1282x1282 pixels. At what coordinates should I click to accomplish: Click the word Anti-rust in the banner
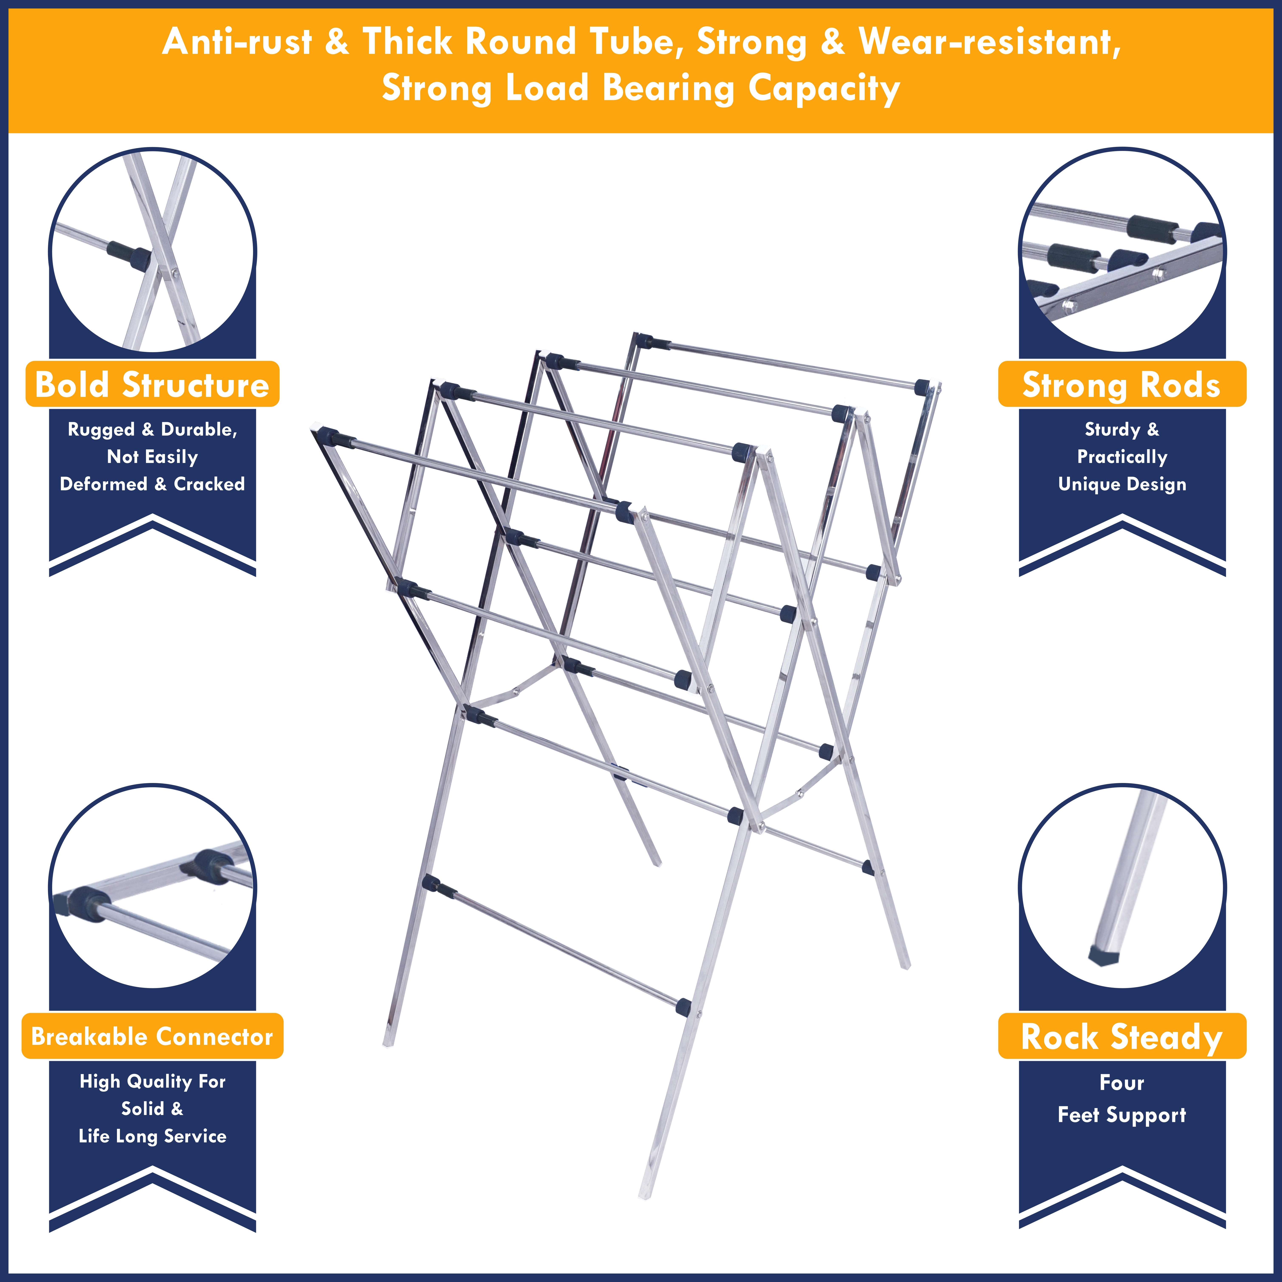click(237, 42)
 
